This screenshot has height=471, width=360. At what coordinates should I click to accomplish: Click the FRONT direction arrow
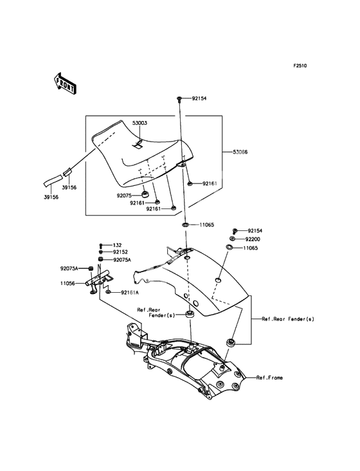coord(65,83)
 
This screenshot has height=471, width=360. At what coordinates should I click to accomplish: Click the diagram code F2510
coord(300,66)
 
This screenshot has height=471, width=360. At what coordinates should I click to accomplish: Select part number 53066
coord(240,152)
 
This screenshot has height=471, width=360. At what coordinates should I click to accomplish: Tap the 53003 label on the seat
coord(139,123)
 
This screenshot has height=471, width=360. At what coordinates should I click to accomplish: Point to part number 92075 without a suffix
coord(124,196)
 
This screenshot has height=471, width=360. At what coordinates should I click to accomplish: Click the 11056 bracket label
coord(67,283)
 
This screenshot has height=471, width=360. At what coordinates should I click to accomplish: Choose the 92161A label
coord(130,292)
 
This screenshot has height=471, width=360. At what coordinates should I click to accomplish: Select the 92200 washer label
coord(253,239)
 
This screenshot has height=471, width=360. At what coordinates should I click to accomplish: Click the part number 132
coord(117,245)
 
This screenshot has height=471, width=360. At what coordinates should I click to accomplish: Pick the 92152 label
coord(121,252)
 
